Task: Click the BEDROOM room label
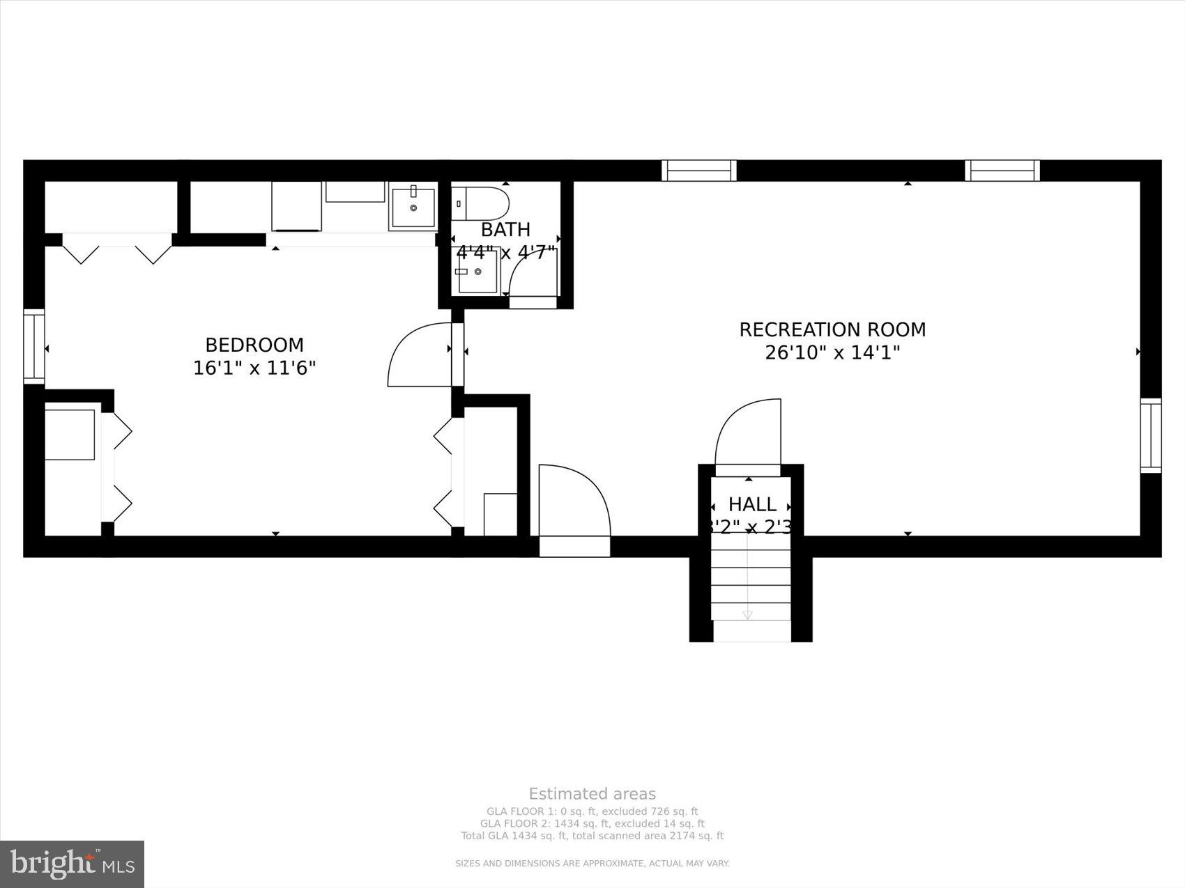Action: coord(254,345)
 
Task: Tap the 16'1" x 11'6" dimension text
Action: coord(254,368)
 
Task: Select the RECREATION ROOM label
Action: coord(832,329)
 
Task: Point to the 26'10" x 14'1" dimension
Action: coord(832,352)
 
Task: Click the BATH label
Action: coord(505,229)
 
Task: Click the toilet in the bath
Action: coord(482,203)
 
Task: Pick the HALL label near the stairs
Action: coord(752,504)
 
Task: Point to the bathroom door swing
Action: coord(533,274)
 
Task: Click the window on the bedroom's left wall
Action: coord(34,346)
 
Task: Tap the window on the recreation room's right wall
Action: coord(1151,435)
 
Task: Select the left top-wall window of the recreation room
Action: coord(698,171)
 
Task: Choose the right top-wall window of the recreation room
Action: coord(1002,171)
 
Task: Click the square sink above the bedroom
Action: coord(413,206)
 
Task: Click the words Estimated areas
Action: coord(592,794)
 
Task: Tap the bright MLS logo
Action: coord(72,864)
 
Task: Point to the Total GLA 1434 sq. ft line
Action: coord(592,836)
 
